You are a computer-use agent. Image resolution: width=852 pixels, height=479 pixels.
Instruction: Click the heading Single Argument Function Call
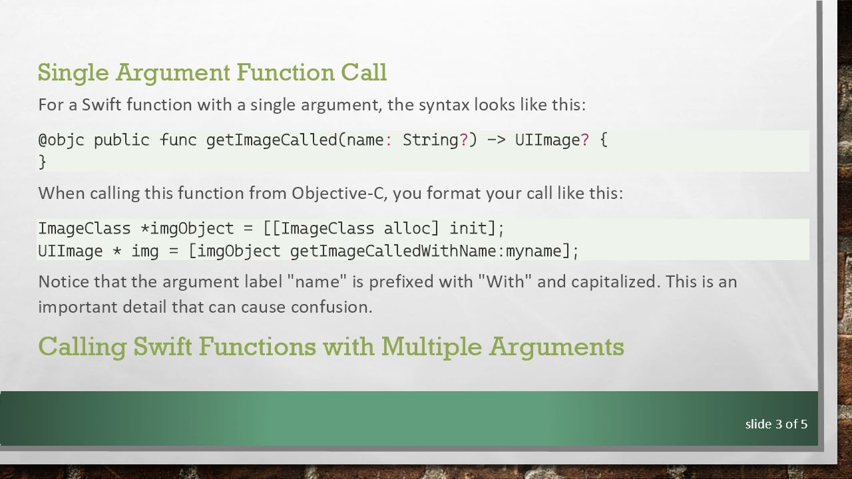pos(212,72)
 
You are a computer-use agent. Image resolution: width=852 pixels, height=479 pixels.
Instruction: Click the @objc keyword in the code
pos(61,140)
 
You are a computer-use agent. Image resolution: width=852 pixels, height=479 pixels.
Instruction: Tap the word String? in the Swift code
pos(435,140)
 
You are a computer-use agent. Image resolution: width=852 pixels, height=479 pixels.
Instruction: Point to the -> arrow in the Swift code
pos(495,140)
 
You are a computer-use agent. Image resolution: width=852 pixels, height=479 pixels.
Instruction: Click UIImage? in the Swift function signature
pos(551,140)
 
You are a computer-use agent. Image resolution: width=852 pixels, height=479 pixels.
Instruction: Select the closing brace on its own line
pos(42,161)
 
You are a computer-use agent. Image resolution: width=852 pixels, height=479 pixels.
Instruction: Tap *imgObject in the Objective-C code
pos(187,228)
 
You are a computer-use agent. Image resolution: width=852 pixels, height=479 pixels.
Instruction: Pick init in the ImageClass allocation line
pos(468,228)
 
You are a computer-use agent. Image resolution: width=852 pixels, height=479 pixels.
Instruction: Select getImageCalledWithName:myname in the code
pos(426,251)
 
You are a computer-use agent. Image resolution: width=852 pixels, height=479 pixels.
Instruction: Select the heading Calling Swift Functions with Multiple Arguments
pos(331,347)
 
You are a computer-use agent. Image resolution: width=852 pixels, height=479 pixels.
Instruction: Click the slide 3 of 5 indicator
pos(776,424)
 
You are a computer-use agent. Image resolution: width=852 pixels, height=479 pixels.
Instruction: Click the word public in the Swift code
pos(121,140)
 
